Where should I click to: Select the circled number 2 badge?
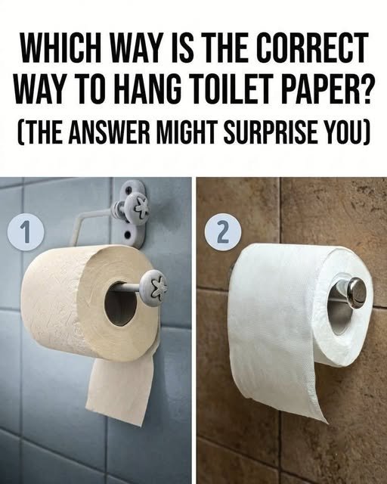[223, 232]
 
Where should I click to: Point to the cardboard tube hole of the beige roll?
[120, 304]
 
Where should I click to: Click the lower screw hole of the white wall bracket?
[127, 236]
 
